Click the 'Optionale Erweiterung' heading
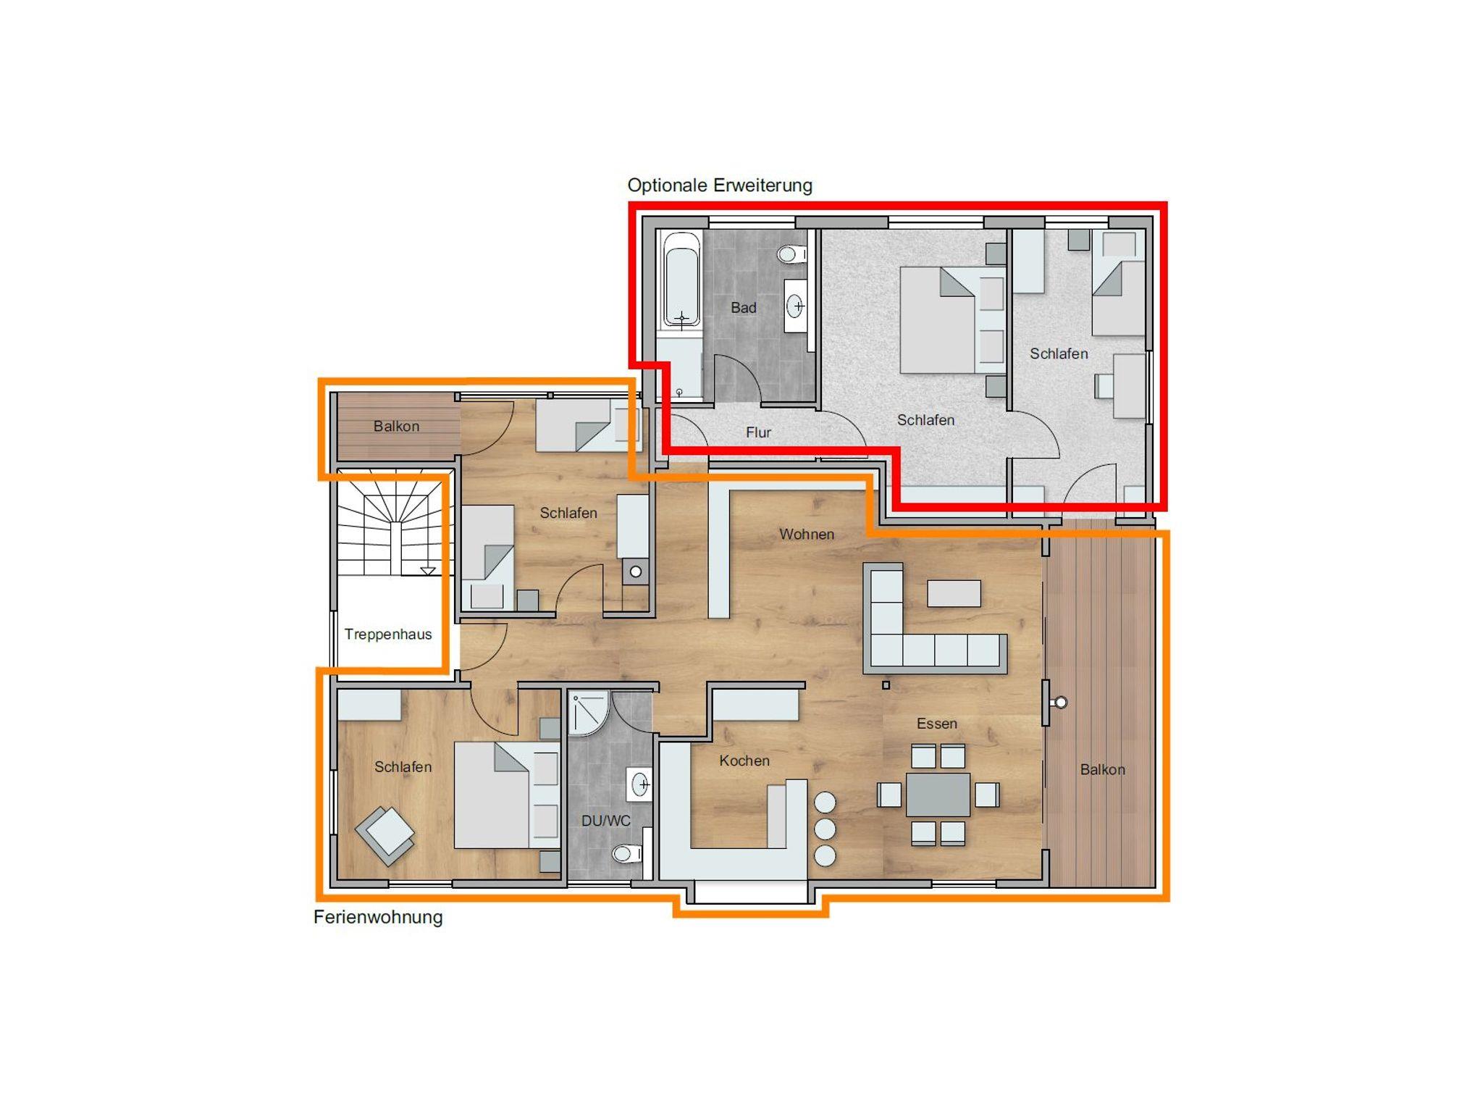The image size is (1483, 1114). click(720, 185)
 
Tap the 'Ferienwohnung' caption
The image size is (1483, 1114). click(378, 918)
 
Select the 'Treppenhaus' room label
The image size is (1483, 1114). click(388, 635)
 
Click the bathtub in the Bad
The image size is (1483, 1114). click(681, 280)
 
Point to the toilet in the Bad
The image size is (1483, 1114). click(792, 254)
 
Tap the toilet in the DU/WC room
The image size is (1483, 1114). click(627, 854)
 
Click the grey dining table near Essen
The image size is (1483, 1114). click(938, 795)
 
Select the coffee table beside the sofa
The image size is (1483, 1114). click(954, 593)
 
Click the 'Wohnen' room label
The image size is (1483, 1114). click(807, 535)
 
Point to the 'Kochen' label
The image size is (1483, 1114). click(744, 761)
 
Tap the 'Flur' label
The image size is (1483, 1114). click(759, 432)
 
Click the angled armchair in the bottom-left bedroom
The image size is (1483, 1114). click(385, 836)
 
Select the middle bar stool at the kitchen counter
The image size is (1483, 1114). click(825, 829)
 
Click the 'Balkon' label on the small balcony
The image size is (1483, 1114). click(396, 427)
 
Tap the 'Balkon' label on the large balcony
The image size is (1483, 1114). click(1102, 770)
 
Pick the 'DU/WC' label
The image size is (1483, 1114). click(606, 821)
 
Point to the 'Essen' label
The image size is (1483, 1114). click(937, 724)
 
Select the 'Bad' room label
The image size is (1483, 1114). click(744, 308)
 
